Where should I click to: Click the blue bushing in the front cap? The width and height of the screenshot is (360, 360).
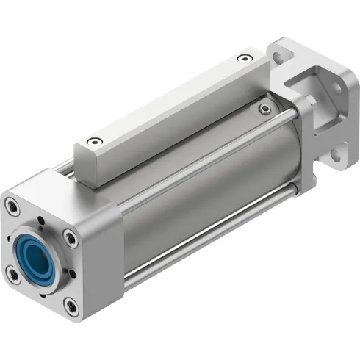tap(39, 250)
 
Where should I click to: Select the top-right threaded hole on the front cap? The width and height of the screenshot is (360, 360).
tap(69, 237)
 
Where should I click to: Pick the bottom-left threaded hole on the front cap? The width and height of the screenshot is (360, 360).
tap(12, 274)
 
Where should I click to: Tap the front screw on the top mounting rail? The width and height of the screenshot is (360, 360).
tap(91, 142)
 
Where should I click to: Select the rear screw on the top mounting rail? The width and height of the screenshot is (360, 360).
tap(243, 58)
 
